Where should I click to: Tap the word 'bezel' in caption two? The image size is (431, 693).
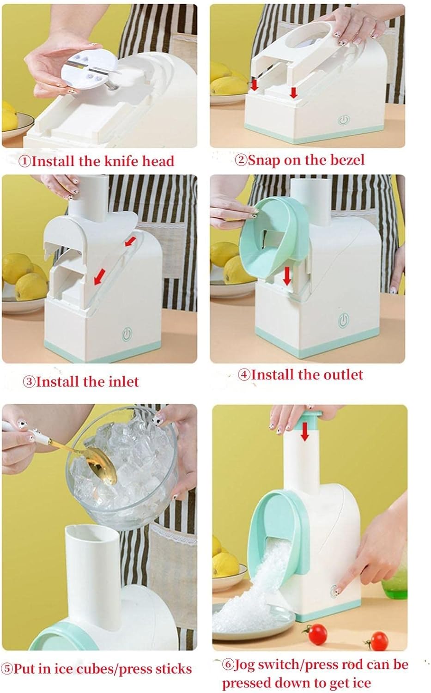pyautogui.click(x=348, y=160)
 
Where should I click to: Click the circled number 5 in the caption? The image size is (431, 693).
pyautogui.click(x=8, y=669)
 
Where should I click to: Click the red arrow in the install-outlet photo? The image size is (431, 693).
pyautogui.click(x=287, y=277)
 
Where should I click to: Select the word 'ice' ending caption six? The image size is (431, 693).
pyautogui.click(x=361, y=683)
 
